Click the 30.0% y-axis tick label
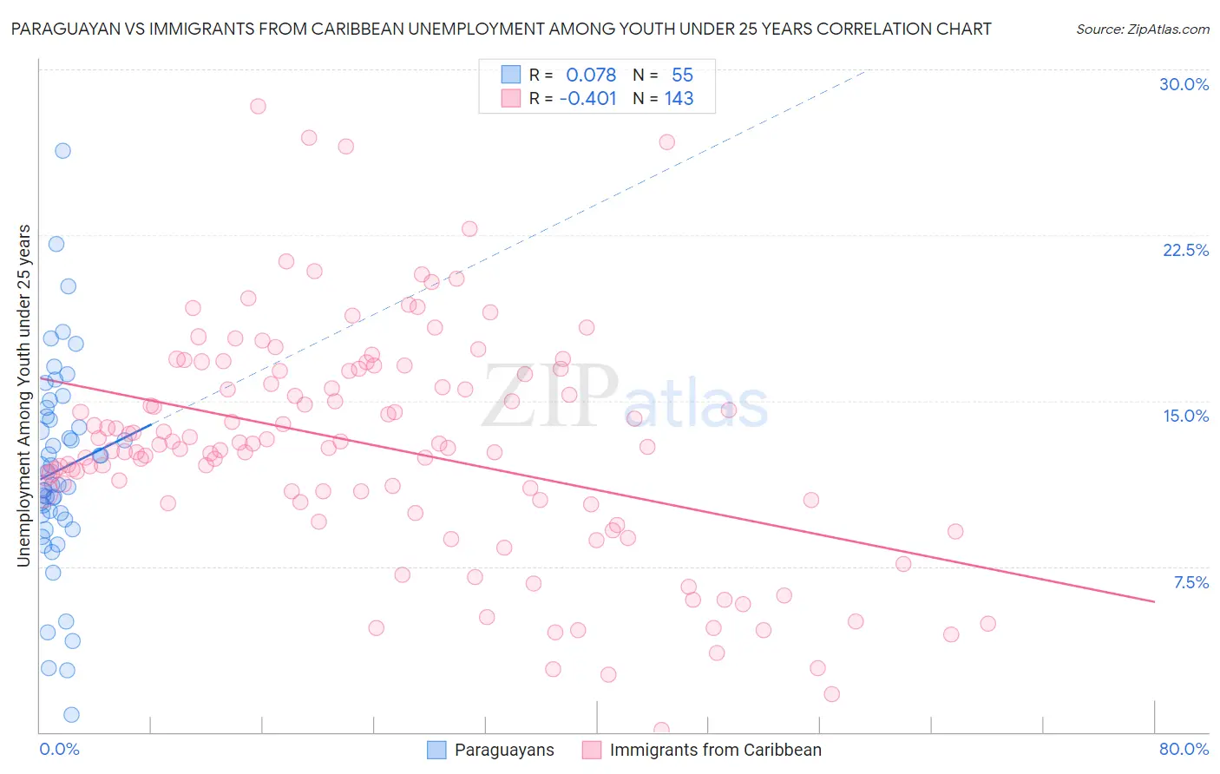tap(1184, 84)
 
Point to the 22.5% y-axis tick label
tap(1185, 250)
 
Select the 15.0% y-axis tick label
tap(1185, 416)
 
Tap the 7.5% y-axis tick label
tap(1190, 582)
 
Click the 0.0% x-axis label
tap(59, 749)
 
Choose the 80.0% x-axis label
tap(1184, 749)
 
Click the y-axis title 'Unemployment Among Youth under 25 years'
tap(23, 396)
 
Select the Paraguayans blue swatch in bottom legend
tap(436, 750)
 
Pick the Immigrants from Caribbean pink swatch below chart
tap(592, 750)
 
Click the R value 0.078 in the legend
tap(591, 75)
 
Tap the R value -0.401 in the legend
tap(587, 99)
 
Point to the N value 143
tap(679, 99)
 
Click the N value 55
tap(682, 75)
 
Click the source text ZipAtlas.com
tap(1142, 29)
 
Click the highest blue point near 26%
tap(62, 150)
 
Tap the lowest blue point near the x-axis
tap(71, 715)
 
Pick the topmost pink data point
tap(258, 106)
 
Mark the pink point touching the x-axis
tap(661, 730)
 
